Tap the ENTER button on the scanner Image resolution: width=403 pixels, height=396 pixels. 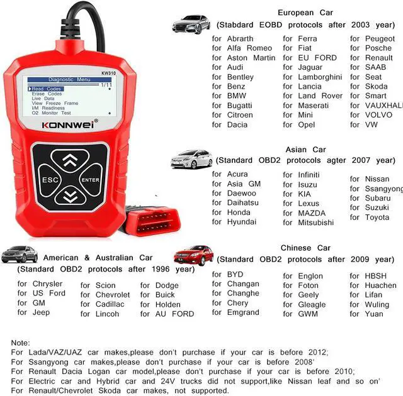click(x=90, y=180)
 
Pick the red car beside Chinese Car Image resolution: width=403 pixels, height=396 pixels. click(x=194, y=255)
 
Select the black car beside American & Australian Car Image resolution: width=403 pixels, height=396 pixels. click(x=20, y=254)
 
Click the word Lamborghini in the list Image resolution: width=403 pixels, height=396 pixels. click(x=320, y=77)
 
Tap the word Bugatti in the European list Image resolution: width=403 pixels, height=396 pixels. click(x=241, y=106)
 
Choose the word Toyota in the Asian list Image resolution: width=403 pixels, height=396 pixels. click(x=377, y=217)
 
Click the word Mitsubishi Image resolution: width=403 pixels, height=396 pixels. click(x=316, y=223)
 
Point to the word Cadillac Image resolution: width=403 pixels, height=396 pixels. click(x=110, y=304)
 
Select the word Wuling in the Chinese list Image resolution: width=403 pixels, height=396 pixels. click(x=377, y=305)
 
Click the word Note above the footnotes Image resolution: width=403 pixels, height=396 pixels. click(x=20, y=343)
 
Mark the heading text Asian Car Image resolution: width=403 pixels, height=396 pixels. click(x=305, y=150)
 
